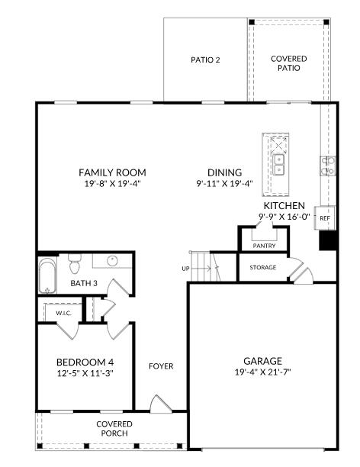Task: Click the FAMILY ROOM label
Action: [112, 172]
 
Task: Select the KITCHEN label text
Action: [284, 206]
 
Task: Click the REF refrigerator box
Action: [325, 218]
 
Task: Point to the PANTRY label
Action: [264, 246]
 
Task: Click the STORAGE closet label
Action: [263, 267]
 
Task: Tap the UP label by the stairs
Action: [185, 269]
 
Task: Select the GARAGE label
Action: [262, 361]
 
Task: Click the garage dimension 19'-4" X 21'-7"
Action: [262, 372]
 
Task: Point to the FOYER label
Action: [161, 366]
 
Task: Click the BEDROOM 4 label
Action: [85, 362]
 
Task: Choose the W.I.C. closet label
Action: [63, 313]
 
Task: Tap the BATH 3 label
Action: [84, 283]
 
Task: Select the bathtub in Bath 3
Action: [47, 276]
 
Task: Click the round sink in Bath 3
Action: [113, 261]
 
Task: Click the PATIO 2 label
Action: [205, 60]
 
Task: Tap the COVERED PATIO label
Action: [289, 63]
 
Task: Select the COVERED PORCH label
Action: [114, 428]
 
